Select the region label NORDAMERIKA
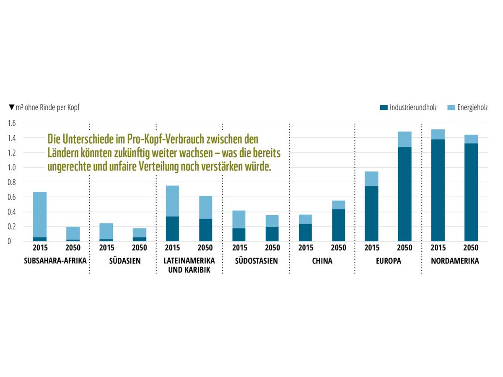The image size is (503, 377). [455, 261]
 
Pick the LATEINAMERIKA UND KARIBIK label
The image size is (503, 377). [189, 265]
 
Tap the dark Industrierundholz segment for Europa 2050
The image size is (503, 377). [404, 194]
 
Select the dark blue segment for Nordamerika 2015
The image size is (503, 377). [438, 190]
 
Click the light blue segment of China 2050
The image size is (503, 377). [338, 205]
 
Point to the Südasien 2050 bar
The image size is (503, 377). [140, 235]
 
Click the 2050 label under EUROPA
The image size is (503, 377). [404, 248]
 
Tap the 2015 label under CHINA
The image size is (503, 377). [305, 248]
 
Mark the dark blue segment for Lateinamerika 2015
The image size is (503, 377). [172, 229]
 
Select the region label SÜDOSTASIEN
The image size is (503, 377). [256, 261]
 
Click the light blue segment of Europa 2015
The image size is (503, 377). [371, 179]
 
